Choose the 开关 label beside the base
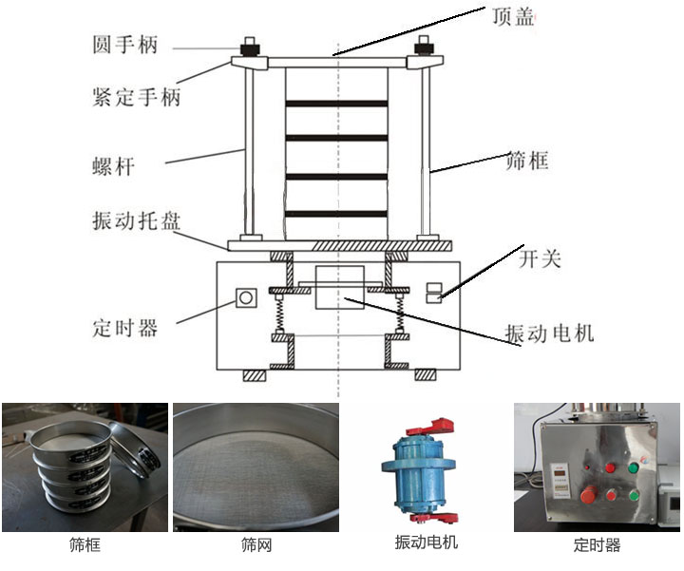539,257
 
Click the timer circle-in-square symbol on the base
246,298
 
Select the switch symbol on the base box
433,292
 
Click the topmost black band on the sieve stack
337,102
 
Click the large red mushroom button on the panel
589,495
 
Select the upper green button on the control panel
632,467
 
